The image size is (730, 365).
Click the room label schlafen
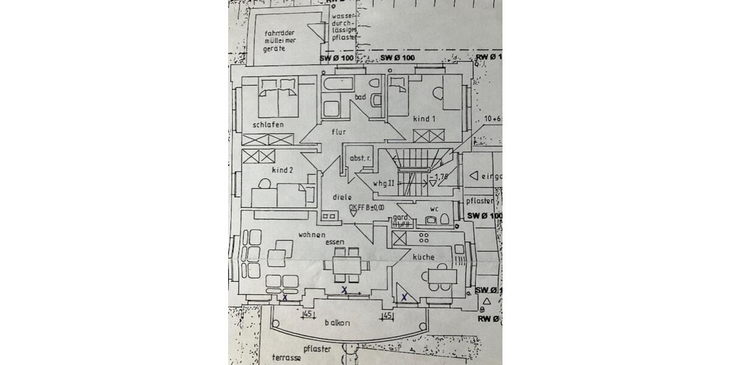(268, 125)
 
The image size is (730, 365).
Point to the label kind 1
(425, 119)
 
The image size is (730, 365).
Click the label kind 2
(283, 171)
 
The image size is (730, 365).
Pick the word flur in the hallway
(338, 131)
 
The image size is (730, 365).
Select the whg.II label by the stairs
(384, 182)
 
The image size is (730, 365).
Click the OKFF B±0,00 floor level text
(367, 208)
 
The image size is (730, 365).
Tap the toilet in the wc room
(444, 220)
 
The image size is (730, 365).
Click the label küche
(423, 257)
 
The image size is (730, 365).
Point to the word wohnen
(311, 234)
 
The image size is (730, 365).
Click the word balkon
(337, 323)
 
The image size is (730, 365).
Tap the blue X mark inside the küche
(404, 296)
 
